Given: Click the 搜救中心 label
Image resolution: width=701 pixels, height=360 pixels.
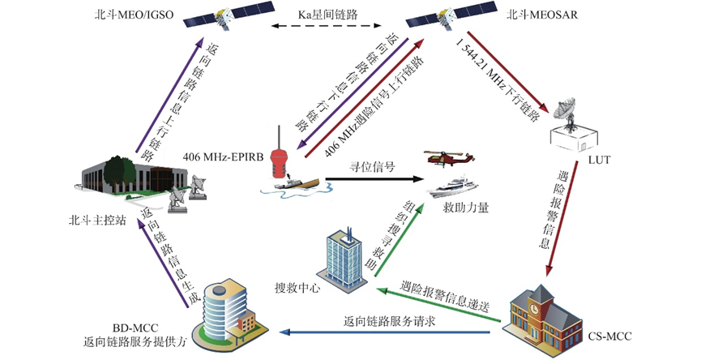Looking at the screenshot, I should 297,288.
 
